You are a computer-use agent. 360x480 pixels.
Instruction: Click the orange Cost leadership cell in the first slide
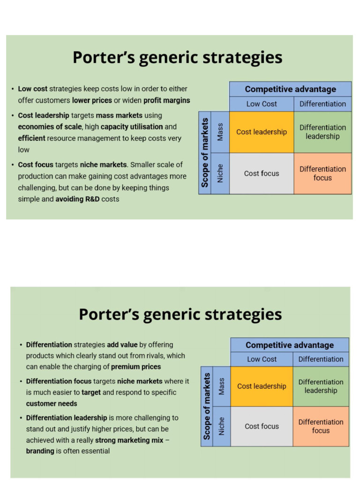[261, 132]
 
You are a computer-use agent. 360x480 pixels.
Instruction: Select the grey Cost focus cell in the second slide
[262, 426]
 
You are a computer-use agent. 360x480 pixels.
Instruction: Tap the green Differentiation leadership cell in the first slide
[322, 132]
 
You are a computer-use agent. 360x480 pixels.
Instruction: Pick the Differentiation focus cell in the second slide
[321, 426]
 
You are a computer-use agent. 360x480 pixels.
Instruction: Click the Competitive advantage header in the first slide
[290, 89]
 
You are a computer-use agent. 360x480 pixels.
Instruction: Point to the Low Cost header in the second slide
[262, 359]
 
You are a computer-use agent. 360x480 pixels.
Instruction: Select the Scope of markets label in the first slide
[205, 153]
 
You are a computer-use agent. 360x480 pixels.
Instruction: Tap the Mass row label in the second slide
[221, 386]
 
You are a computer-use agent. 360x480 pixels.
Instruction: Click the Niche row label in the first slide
[220, 173]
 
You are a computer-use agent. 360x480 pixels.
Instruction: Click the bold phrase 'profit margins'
[167, 100]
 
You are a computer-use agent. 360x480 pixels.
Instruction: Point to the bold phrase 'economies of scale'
[50, 127]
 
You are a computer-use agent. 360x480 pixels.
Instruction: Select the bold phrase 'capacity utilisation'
[132, 127]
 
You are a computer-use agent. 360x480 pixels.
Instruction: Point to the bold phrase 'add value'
[122, 345]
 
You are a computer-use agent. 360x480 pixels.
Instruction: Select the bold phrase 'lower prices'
[92, 100]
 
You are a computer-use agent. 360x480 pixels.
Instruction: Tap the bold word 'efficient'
[32, 138]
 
